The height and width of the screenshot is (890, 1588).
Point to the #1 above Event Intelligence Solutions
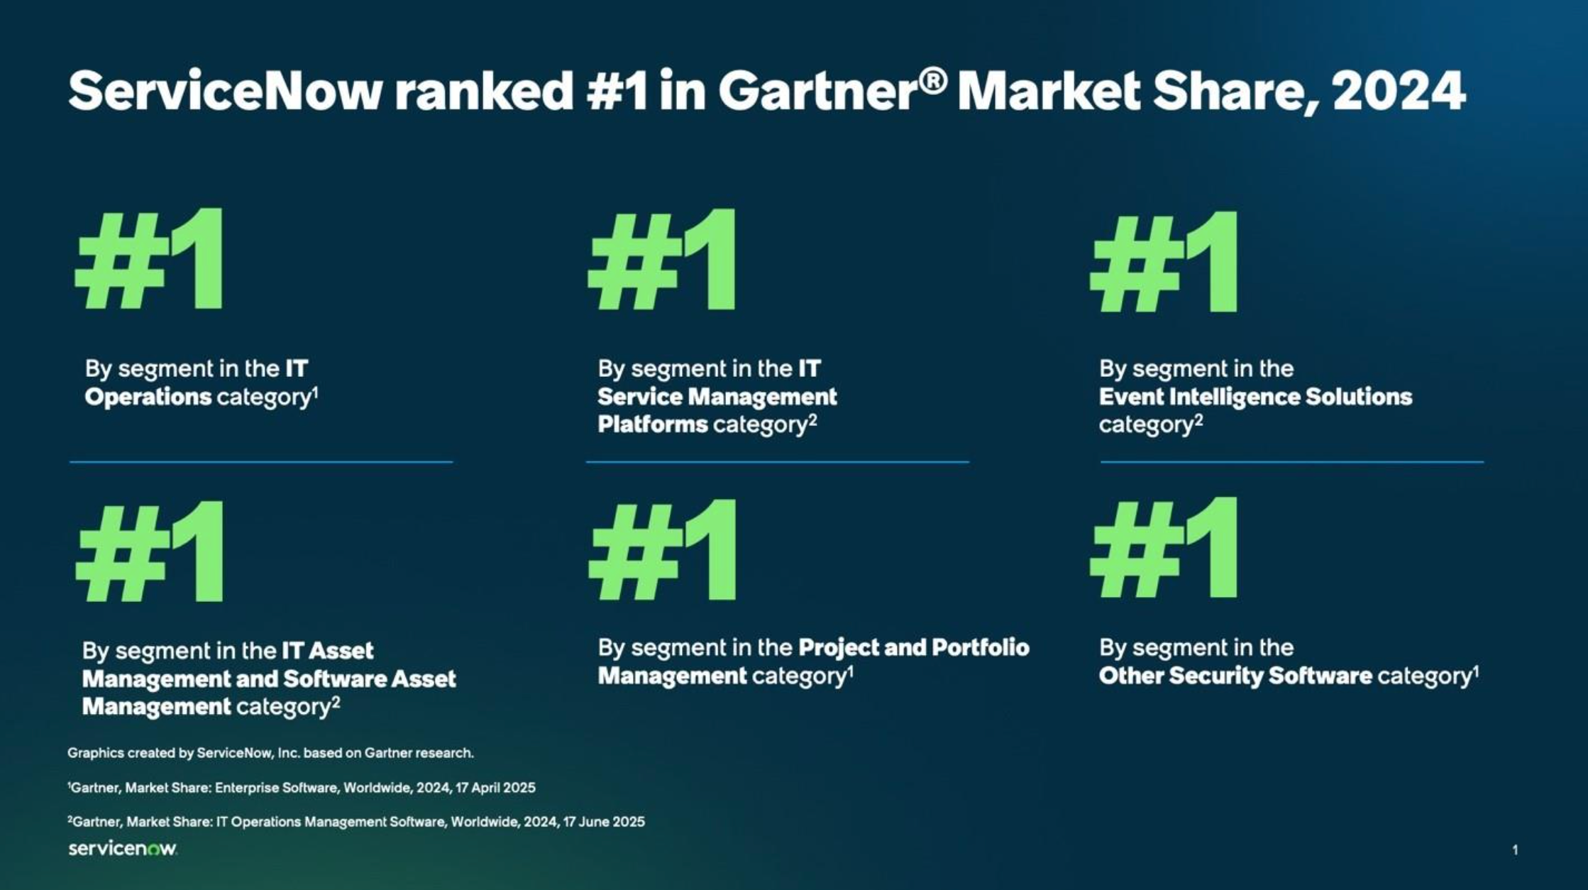click(1164, 261)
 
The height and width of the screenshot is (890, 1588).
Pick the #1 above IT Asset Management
click(150, 551)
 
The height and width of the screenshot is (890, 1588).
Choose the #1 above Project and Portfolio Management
click(663, 549)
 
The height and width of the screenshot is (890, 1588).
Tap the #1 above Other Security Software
click(1164, 547)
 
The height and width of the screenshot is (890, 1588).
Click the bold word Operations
click(148, 397)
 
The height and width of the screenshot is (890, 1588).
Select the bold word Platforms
click(653, 424)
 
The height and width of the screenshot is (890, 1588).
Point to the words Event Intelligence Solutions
click(1255, 397)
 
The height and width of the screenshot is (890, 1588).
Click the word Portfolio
click(980, 647)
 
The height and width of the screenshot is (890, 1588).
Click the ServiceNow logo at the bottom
click(123, 849)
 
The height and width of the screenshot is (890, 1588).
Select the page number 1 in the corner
click(1515, 850)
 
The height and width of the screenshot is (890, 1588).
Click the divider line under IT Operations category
click(261, 462)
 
